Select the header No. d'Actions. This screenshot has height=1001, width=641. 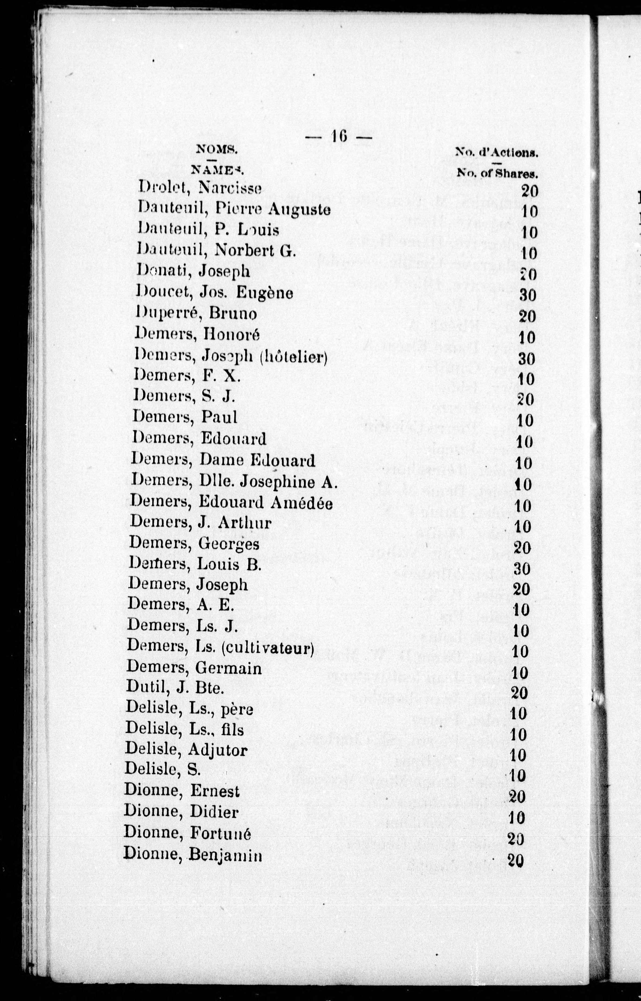pos(497,152)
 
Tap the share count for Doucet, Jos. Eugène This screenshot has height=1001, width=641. pos(528,295)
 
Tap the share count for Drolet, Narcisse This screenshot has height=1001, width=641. pos(530,191)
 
